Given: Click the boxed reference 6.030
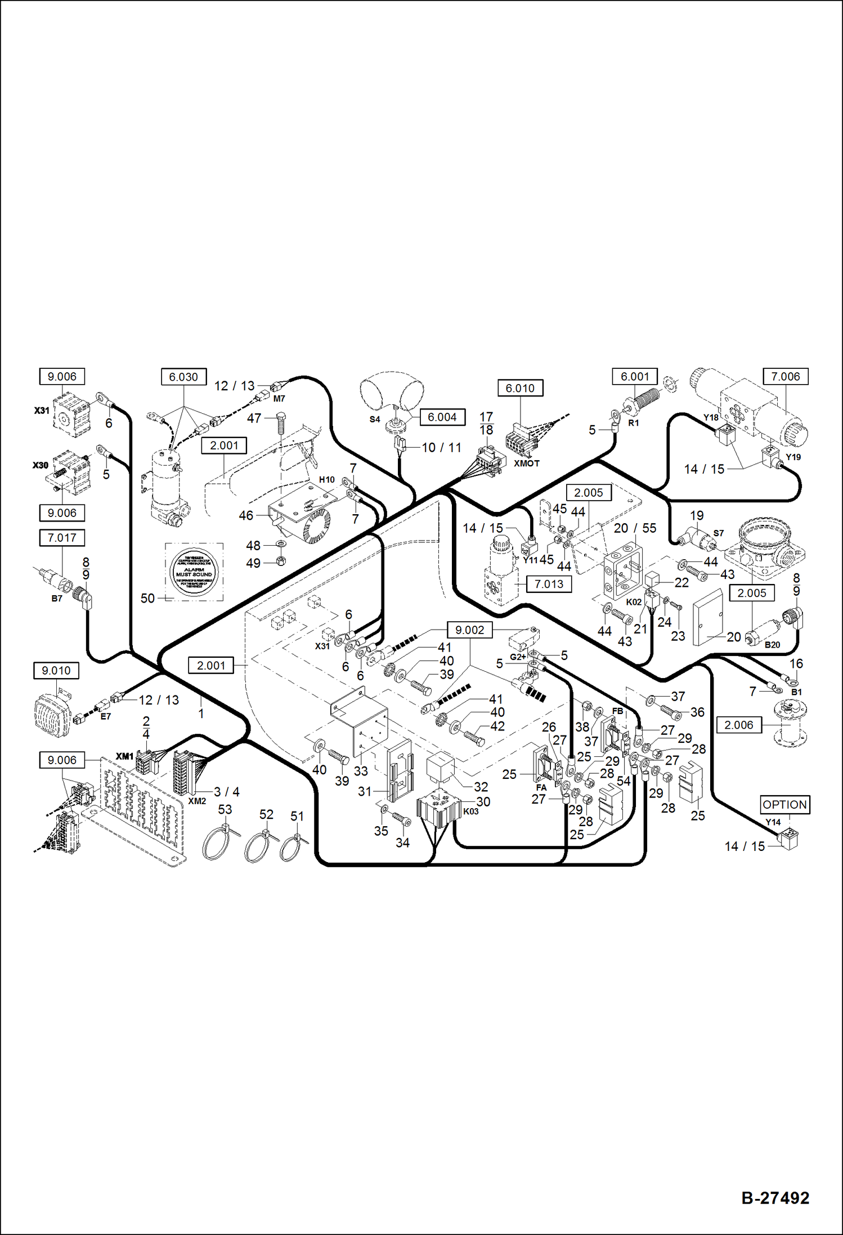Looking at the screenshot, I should (183, 377).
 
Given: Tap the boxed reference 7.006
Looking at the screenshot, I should (785, 377).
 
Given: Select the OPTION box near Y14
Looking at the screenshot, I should (784, 805).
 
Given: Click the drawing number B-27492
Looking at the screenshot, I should (775, 1198).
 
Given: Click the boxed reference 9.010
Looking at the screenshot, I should (56, 671).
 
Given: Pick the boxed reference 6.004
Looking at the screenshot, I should (442, 417).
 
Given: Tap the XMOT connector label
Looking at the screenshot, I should (527, 463).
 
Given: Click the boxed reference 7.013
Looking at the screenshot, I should (549, 584).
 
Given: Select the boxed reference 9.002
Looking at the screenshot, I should (469, 630).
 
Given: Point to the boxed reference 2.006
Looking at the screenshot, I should (738, 725).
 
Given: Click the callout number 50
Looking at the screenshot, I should (147, 598).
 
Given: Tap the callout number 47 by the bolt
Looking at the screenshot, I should (254, 418).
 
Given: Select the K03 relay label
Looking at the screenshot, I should (471, 812).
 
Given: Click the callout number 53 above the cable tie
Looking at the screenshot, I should (225, 809).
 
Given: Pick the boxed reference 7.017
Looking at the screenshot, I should (62, 538).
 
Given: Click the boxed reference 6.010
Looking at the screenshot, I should (520, 388).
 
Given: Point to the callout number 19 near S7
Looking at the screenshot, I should (697, 515).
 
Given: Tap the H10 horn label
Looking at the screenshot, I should (327, 480).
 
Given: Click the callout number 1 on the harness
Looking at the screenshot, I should (201, 714).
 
